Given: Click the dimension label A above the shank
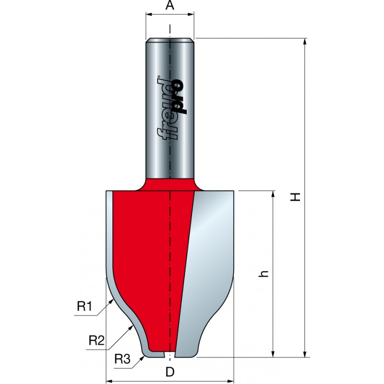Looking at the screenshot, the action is click(170, 5).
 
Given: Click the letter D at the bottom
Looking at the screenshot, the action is click(170, 372).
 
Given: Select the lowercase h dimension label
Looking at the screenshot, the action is click(264, 274).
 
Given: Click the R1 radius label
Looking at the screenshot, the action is click(84, 306).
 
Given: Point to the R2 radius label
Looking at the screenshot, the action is click(96, 340).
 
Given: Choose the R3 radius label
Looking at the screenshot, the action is click(122, 359).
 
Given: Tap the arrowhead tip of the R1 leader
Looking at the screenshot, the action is click(113, 300).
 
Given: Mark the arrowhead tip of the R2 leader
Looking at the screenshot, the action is click(133, 326).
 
